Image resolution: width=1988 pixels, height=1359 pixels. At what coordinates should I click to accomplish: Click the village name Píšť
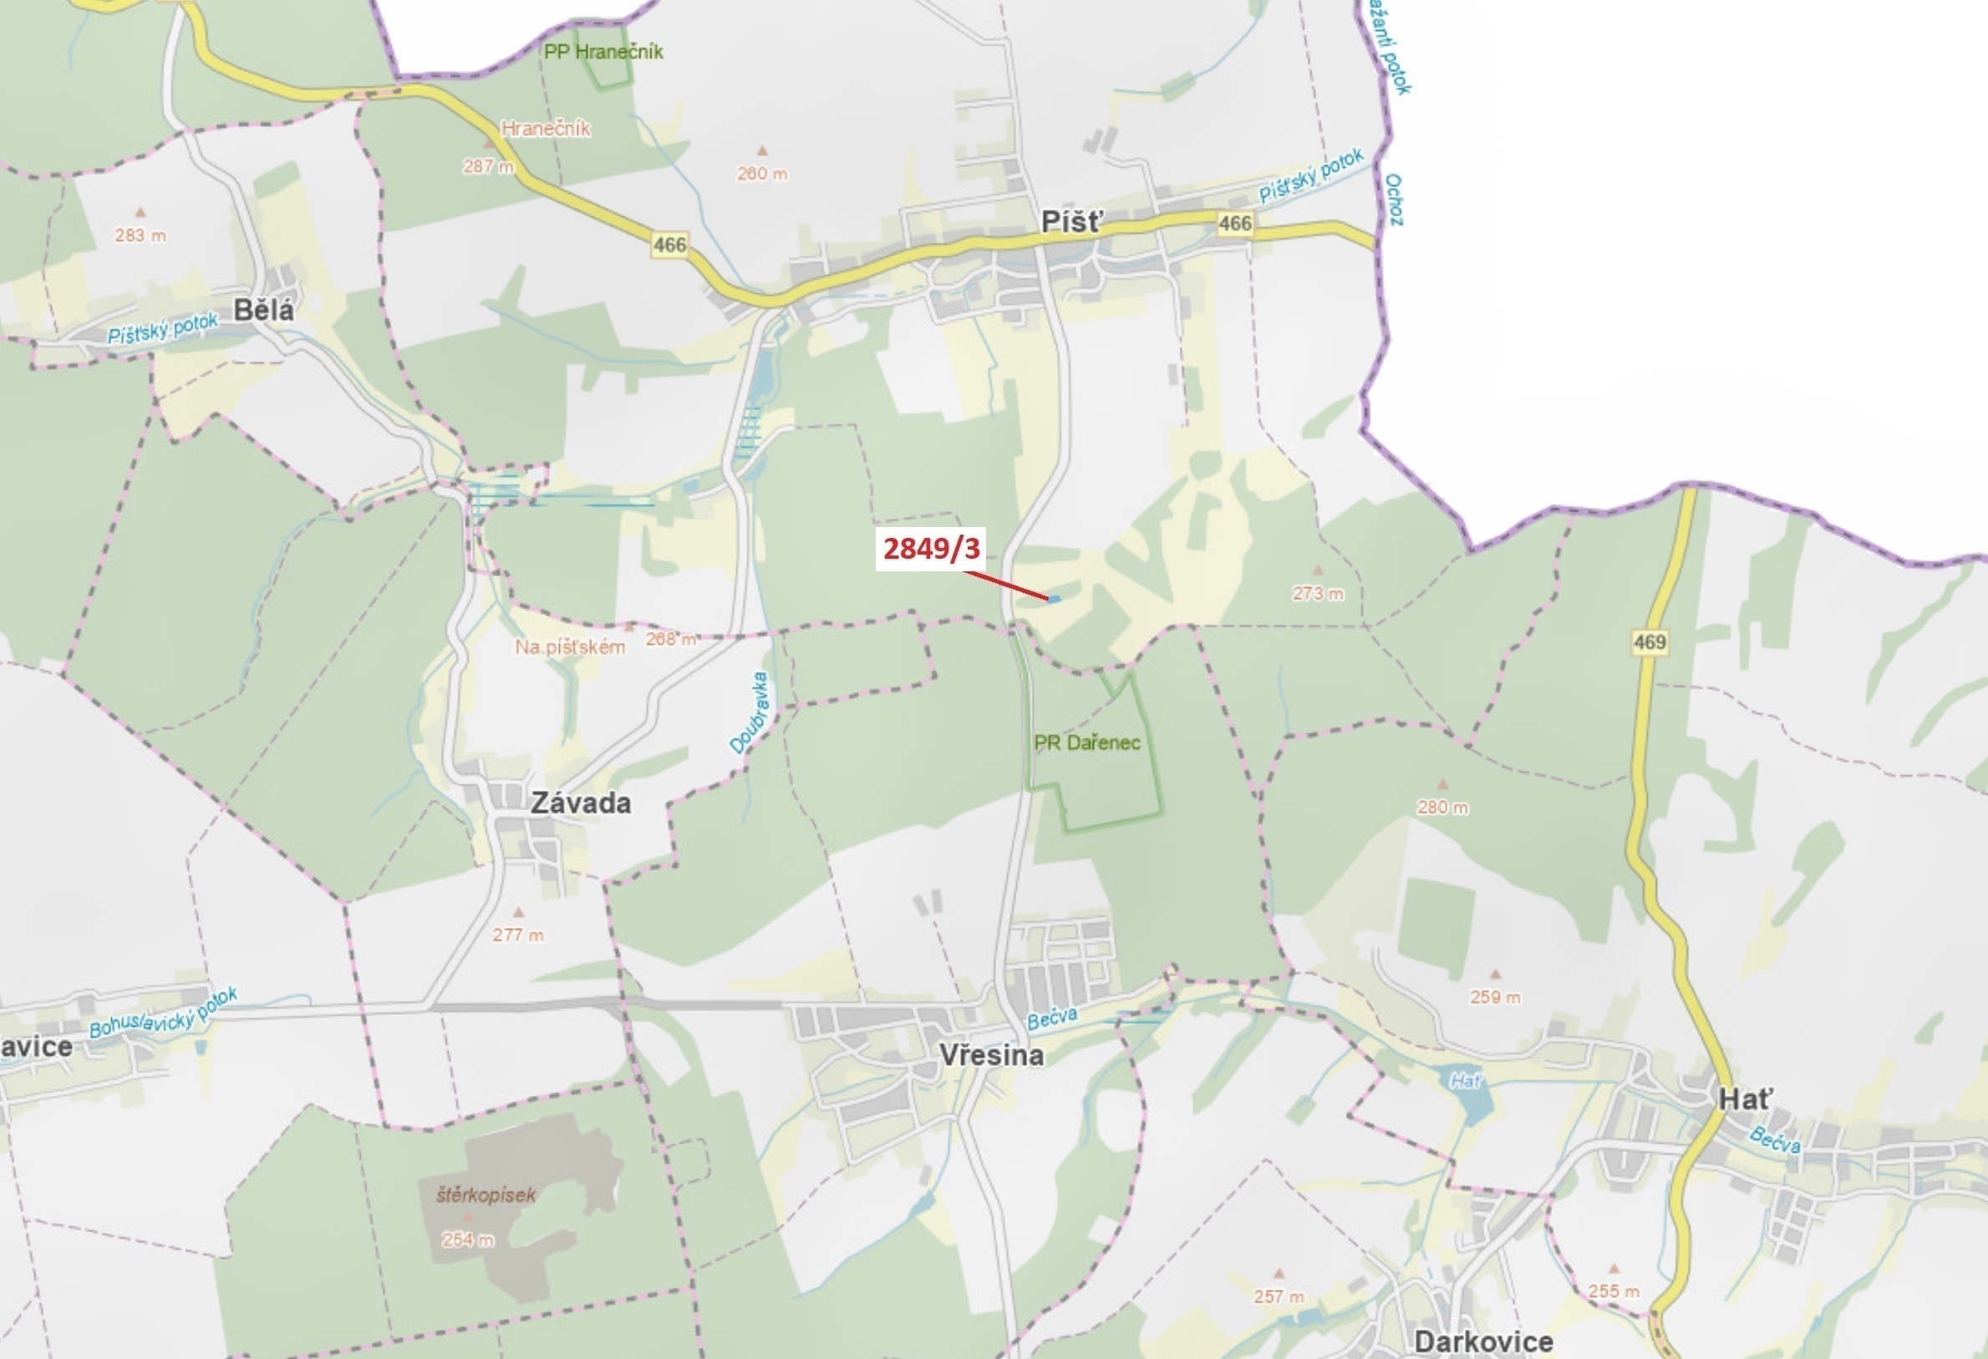click(x=1072, y=222)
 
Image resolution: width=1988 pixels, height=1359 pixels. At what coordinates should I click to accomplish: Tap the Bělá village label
click(x=263, y=310)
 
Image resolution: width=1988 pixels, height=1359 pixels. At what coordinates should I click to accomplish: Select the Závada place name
click(x=581, y=802)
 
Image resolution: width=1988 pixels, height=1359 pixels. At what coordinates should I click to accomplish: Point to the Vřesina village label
click(x=991, y=1054)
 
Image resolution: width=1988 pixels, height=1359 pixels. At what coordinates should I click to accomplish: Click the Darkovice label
click(x=1483, y=1341)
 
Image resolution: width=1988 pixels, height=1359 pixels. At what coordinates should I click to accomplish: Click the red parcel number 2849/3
click(x=931, y=548)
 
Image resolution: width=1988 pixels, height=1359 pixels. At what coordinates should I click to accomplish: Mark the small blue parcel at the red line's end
click(x=1054, y=599)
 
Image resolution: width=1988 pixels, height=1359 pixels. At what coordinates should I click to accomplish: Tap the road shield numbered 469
click(x=1650, y=641)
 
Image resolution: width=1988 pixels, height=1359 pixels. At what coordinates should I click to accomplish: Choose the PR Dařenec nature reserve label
click(x=1086, y=743)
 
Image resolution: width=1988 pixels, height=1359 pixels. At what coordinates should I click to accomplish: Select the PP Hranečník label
click(x=603, y=51)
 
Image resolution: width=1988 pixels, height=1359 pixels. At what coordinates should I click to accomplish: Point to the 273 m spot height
click(x=1317, y=593)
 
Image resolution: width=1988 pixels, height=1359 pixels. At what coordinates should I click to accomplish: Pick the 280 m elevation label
click(x=1442, y=807)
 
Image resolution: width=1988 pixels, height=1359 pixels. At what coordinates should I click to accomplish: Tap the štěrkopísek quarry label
click(x=486, y=1194)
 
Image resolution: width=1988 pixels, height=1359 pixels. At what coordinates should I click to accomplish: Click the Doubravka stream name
click(x=750, y=712)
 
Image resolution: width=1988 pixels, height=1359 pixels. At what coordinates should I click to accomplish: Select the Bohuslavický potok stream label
click(x=162, y=1012)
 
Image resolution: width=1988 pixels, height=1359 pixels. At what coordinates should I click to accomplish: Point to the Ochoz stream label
click(x=1394, y=200)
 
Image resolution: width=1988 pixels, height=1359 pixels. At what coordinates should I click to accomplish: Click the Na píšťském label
click(x=570, y=647)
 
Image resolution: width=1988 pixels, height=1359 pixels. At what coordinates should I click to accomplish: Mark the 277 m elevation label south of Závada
click(x=517, y=935)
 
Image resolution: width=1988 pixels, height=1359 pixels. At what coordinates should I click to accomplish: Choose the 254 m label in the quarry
click(x=467, y=1240)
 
